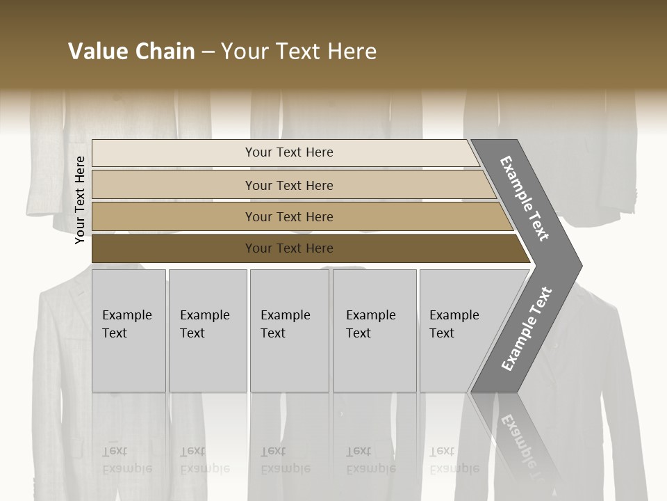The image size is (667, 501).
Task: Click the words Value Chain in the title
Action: (x=131, y=51)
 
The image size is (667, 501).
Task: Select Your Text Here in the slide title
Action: (x=299, y=51)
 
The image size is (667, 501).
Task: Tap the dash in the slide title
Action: (x=208, y=52)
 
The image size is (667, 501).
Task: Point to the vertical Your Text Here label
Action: (x=80, y=200)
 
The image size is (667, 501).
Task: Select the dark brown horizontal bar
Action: (x=174, y=248)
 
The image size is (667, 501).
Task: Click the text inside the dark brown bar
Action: (x=289, y=248)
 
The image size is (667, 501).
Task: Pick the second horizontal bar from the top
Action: (x=174, y=185)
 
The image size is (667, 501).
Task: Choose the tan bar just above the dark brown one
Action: (x=174, y=216)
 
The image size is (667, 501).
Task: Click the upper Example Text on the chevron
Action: (x=525, y=198)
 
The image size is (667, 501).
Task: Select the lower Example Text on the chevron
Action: (x=527, y=329)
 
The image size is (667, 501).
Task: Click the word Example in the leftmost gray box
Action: (x=126, y=315)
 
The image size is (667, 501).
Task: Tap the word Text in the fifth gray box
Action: (x=442, y=333)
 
